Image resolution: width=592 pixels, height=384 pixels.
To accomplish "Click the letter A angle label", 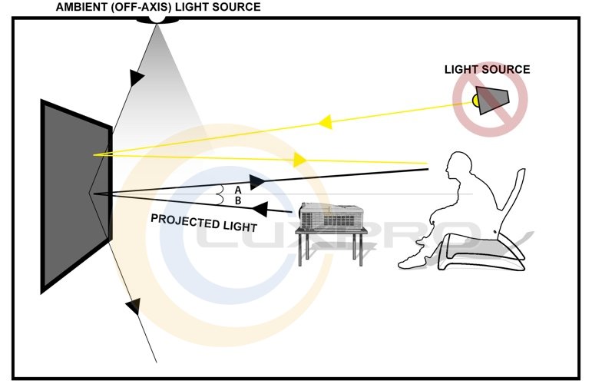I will [x=239, y=189].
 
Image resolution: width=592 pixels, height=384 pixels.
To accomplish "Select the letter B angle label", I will [x=239, y=200].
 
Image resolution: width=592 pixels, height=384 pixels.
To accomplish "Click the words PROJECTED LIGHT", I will [x=203, y=223].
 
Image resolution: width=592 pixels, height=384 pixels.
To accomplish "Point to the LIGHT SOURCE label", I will [x=487, y=70].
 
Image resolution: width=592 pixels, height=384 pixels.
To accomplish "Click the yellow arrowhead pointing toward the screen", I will [x=325, y=121].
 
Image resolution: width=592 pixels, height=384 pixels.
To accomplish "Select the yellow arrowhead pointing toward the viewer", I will [x=299, y=160].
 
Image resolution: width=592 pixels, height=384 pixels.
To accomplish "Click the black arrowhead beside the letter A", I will [x=257, y=181].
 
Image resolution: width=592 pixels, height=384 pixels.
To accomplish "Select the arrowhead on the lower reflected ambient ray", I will [x=133, y=306].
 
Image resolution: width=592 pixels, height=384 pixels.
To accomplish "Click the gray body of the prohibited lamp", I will [x=492, y=101].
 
